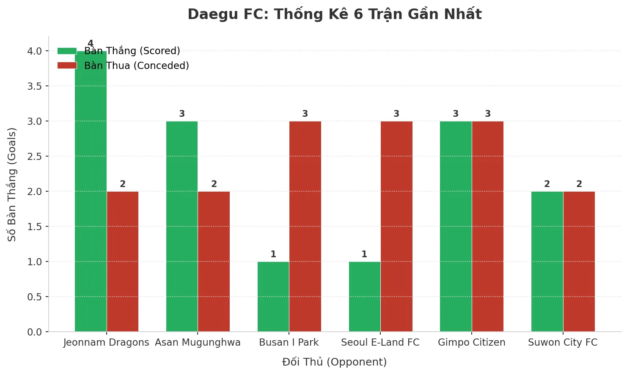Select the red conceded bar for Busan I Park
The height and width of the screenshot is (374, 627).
pyautogui.click(x=305, y=226)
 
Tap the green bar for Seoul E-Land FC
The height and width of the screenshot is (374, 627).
pyautogui.click(x=364, y=296)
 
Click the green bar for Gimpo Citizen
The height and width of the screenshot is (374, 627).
pyautogui.click(x=456, y=226)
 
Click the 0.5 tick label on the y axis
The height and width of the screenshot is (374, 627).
pyautogui.click(x=35, y=297)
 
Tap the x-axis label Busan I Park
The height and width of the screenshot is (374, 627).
pyautogui.click(x=289, y=342)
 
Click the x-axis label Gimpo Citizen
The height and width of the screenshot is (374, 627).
pyautogui.click(x=471, y=342)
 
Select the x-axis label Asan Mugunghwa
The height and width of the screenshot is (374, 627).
pyautogui.click(x=198, y=342)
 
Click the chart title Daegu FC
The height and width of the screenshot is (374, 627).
pyautogui.click(x=334, y=14)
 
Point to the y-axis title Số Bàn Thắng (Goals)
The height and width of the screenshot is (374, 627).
pyautogui.click(x=12, y=184)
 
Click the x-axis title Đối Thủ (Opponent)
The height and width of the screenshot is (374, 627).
pyautogui.click(x=334, y=362)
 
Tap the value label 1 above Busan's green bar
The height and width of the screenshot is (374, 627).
pyautogui.click(x=273, y=254)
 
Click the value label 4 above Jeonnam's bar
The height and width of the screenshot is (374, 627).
pyautogui.click(x=91, y=44)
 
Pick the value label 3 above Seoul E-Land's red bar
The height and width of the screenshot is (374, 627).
pyautogui.click(x=396, y=114)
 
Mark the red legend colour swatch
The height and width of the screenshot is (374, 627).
pyautogui.click(x=67, y=66)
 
